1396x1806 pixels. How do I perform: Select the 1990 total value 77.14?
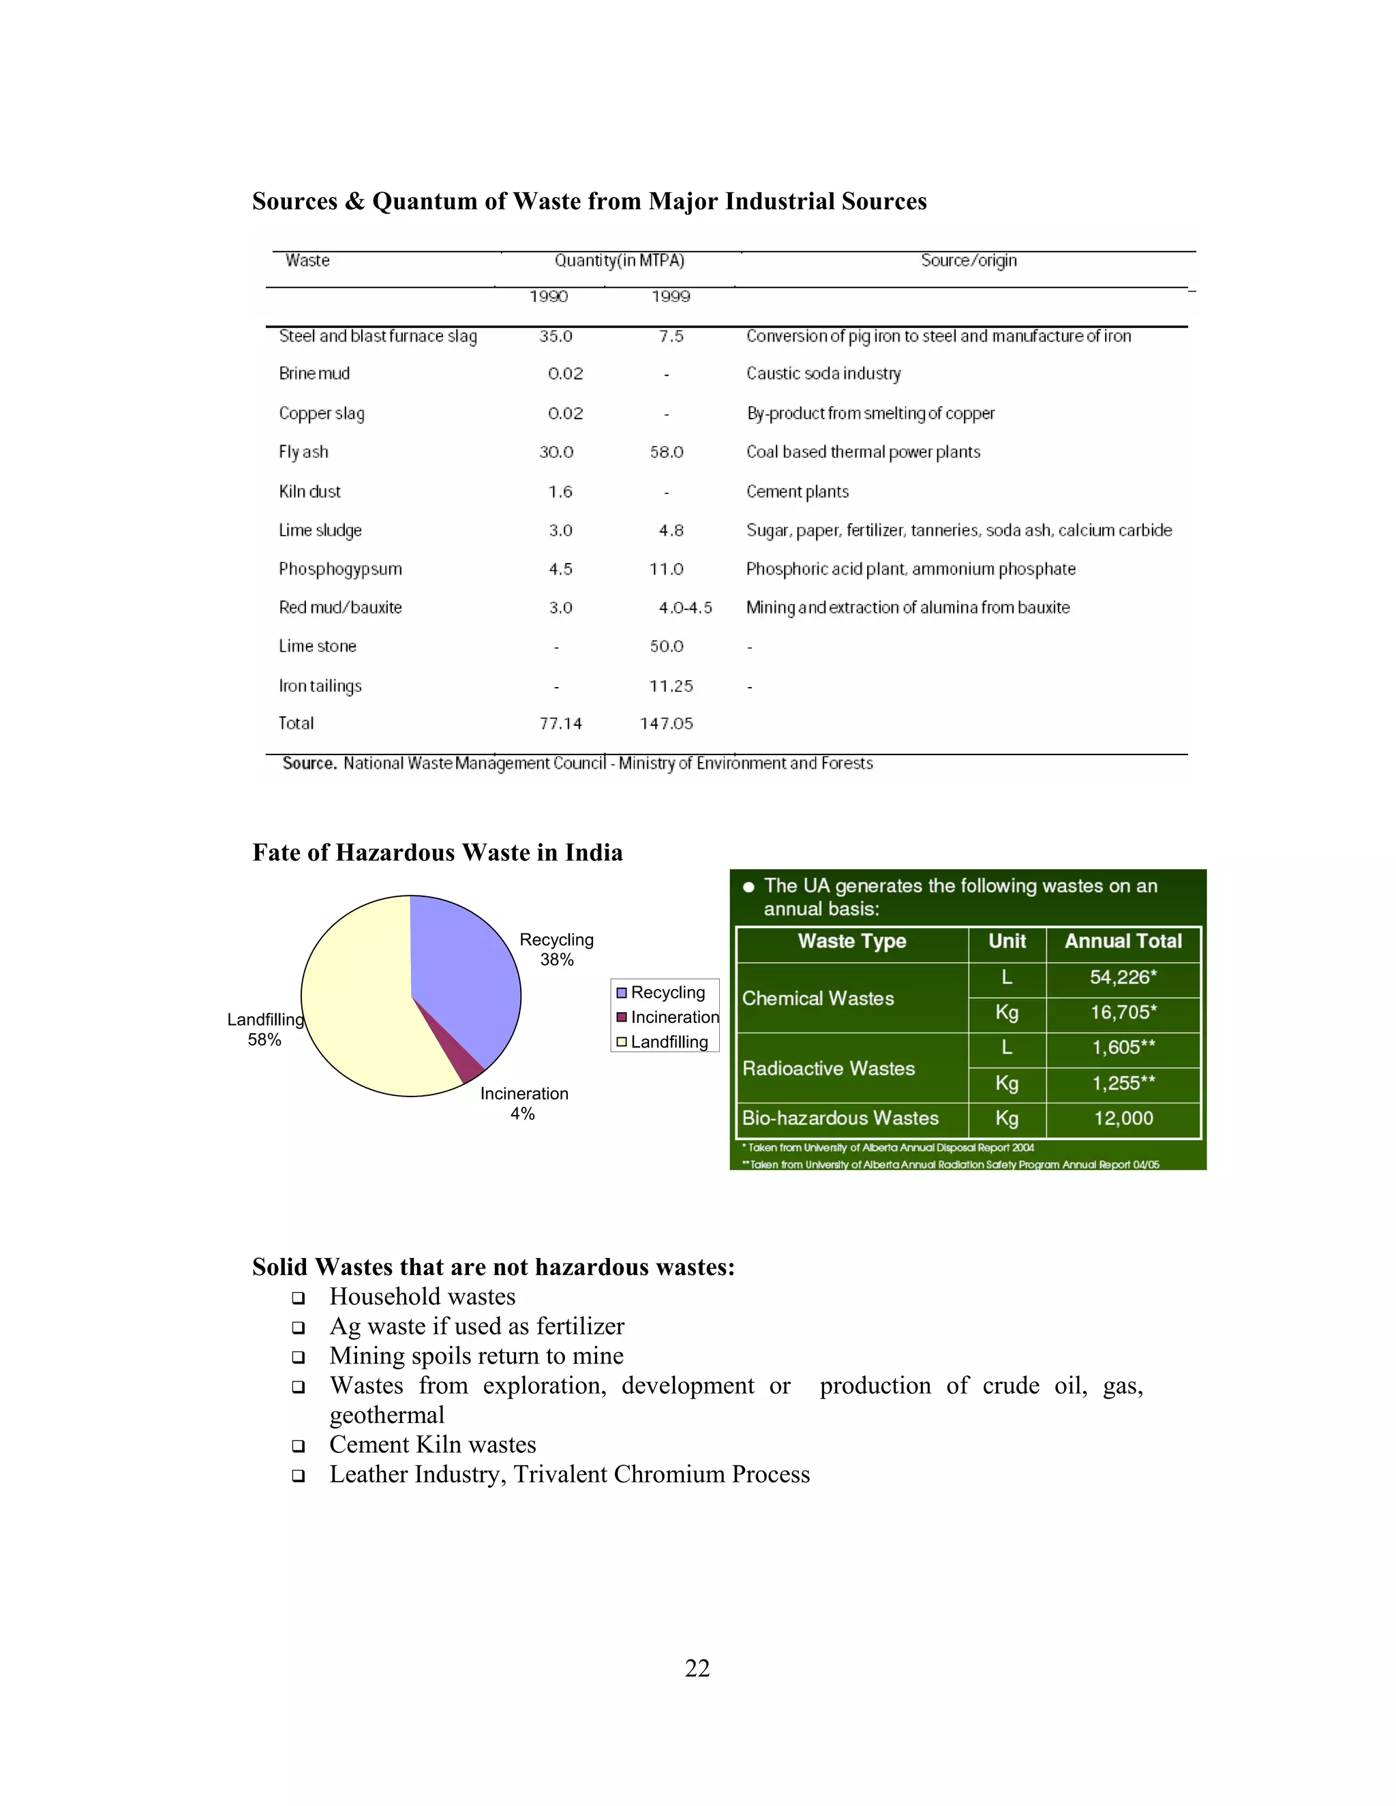561,724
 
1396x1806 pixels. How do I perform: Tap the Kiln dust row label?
309,492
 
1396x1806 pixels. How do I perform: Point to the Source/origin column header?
969,260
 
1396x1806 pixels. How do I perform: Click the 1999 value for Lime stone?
667,647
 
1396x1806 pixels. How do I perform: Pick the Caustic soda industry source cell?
823,373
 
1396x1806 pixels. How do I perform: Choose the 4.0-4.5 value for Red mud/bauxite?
685,608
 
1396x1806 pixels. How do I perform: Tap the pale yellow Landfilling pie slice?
364,1009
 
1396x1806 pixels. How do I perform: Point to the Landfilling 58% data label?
264,1030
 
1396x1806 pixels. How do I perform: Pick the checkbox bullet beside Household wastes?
299,1298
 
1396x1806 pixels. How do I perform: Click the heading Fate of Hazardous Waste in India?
438,853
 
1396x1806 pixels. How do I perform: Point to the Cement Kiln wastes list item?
433,1445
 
